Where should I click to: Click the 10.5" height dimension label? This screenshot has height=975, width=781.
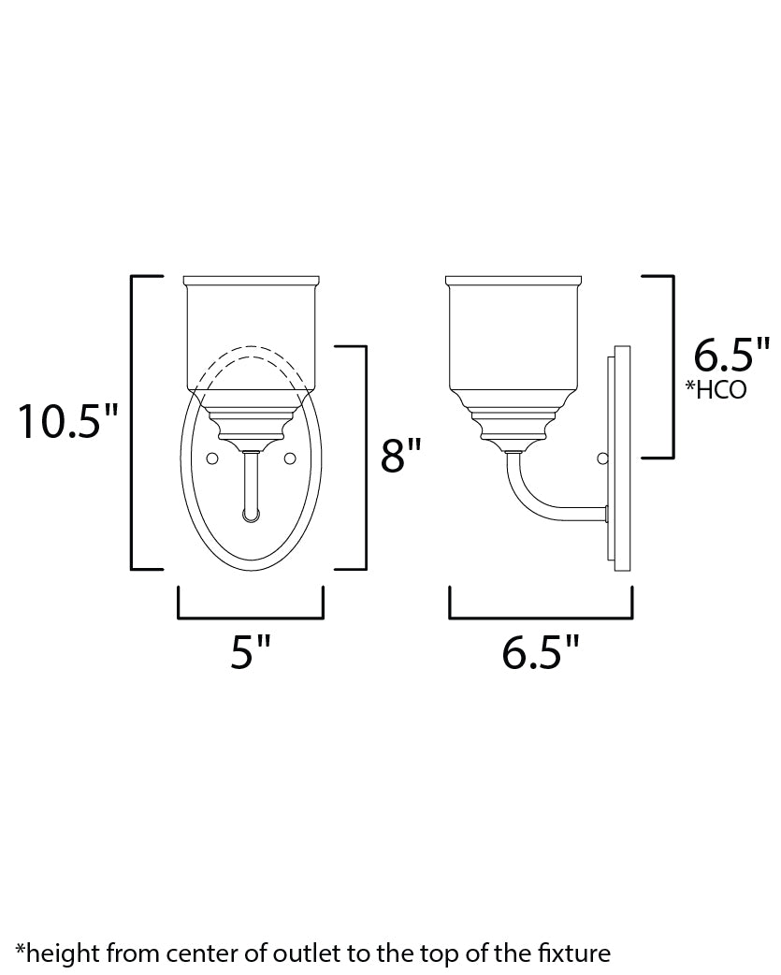pos(70,423)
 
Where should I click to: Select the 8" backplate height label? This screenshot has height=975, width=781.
pos(403,458)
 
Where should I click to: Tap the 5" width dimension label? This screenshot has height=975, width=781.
pos(250,651)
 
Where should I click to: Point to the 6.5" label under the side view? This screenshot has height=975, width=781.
pos(541,651)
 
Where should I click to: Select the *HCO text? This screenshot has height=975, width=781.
pos(716,389)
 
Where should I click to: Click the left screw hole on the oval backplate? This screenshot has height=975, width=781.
pos(212,458)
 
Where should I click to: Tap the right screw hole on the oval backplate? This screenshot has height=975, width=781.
pos(289,458)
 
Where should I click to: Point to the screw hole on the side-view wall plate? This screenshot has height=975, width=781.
pos(603,458)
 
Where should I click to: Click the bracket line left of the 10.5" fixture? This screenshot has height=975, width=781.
pos(132,423)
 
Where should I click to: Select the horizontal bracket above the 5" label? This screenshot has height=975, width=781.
pos(250,618)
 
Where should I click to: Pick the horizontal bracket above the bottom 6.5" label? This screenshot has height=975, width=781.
pos(541,618)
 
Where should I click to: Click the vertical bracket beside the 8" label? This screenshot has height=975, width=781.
pos(365,458)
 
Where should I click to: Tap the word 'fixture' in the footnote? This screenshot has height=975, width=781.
pos(578,953)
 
